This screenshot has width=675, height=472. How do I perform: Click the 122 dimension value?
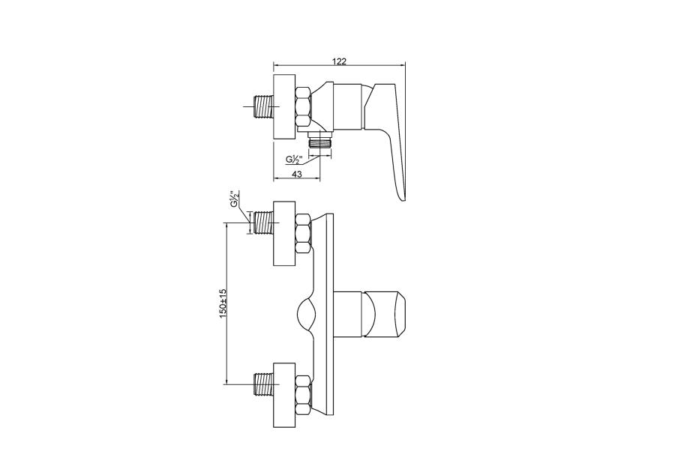[339, 61]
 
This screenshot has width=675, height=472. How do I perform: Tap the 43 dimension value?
[296, 174]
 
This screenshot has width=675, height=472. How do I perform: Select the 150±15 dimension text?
[223, 303]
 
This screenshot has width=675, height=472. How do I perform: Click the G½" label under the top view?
[295, 160]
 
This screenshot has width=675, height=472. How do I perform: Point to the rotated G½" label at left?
[235, 199]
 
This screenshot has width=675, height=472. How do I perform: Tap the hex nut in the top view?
[304, 106]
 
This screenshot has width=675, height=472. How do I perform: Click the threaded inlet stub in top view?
[262, 106]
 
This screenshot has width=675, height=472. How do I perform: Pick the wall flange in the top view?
[284, 106]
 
